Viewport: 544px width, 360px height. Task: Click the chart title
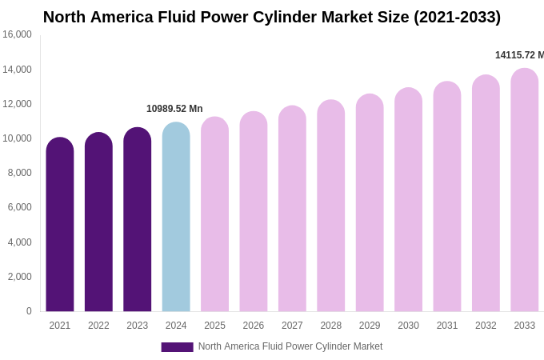point(272,17)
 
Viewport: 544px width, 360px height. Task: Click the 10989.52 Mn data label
point(174,109)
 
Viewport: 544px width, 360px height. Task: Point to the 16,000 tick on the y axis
point(17,34)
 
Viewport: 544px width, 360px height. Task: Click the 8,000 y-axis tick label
point(19,173)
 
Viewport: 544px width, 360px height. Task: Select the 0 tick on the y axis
point(29,311)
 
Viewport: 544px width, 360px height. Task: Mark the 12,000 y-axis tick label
point(17,104)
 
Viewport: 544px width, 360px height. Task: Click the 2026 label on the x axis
point(254,326)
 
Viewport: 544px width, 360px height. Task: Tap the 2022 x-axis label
point(98,326)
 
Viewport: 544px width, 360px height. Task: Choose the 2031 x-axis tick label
point(447,326)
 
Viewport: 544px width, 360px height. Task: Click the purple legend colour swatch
point(177,347)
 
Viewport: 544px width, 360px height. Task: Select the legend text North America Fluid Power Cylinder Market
point(290,346)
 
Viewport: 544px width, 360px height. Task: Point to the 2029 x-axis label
point(370,326)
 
